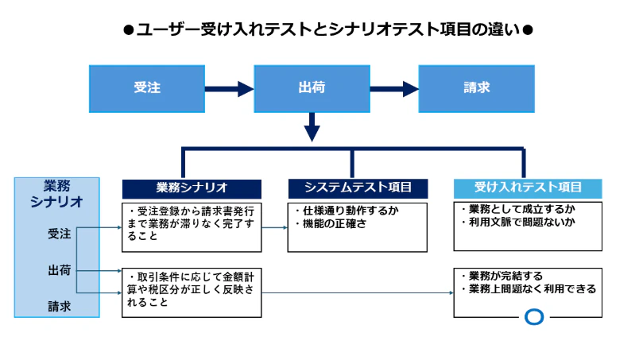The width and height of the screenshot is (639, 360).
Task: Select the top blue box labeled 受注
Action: [x=148, y=88]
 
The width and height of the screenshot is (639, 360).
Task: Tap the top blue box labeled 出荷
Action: [x=312, y=88]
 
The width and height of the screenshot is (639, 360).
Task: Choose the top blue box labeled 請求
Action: [x=476, y=88]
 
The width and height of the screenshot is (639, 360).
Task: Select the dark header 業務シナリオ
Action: [x=192, y=188]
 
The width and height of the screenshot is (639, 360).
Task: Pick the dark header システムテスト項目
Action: [x=358, y=188]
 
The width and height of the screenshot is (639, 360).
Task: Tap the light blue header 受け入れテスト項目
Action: [x=528, y=188]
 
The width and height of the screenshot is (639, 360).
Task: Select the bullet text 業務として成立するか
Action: [x=517, y=209]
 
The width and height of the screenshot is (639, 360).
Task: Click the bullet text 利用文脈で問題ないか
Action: [x=517, y=222]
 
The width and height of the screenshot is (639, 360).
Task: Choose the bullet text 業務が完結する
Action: [x=502, y=276]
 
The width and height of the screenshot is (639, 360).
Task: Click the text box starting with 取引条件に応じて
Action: [x=192, y=292]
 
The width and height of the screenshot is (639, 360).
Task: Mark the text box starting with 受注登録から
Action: [x=192, y=226]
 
